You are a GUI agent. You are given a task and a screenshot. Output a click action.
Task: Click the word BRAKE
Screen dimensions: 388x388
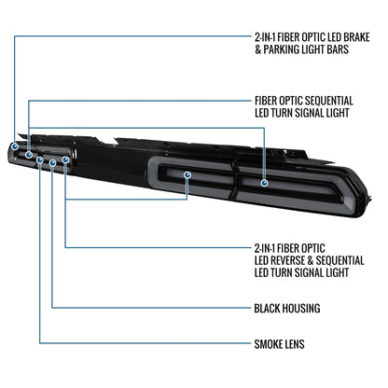click(x=356, y=37)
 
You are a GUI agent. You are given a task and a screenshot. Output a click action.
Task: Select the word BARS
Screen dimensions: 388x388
click(x=338, y=49)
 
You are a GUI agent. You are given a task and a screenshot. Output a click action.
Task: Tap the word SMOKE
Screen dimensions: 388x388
click(x=267, y=344)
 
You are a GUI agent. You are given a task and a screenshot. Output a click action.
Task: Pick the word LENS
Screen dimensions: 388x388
click(x=293, y=344)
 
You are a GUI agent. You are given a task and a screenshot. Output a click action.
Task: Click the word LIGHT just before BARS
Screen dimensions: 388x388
click(x=317, y=49)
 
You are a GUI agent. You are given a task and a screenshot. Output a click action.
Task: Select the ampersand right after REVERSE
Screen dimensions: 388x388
click(x=311, y=260)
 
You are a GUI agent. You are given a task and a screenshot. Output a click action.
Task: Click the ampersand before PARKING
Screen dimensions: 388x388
click(x=258, y=49)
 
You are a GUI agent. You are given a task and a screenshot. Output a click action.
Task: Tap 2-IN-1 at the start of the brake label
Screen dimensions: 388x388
click(x=265, y=37)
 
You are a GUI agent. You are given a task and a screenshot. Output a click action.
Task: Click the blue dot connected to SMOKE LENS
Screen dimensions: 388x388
click(x=40, y=159)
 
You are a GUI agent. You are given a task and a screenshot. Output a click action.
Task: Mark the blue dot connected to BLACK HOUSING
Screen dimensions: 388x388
click(x=52, y=162)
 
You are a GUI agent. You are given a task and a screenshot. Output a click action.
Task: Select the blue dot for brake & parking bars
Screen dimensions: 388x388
click(x=15, y=146)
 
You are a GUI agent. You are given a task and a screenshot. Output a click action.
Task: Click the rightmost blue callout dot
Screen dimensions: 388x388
click(x=264, y=183)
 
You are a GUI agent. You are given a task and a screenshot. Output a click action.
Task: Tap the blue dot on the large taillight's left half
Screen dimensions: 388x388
click(x=187, y=175)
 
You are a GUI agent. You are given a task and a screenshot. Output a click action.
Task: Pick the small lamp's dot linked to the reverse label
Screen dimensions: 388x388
click(x=65, y=159)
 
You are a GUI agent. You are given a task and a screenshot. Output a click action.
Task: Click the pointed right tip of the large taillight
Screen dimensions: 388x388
click(x=371, y=199)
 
